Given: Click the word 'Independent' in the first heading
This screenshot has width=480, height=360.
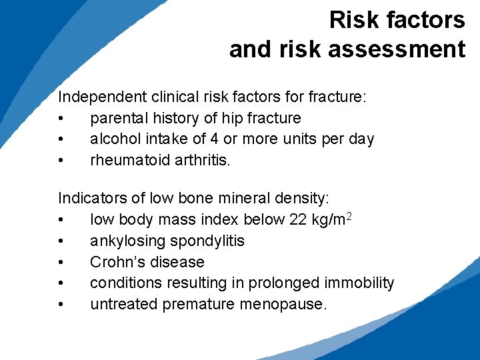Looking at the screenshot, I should point(97,97).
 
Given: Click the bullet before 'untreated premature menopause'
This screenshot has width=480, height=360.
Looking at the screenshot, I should point(61,305).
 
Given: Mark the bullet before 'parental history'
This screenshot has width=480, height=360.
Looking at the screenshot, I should point(61,119).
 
